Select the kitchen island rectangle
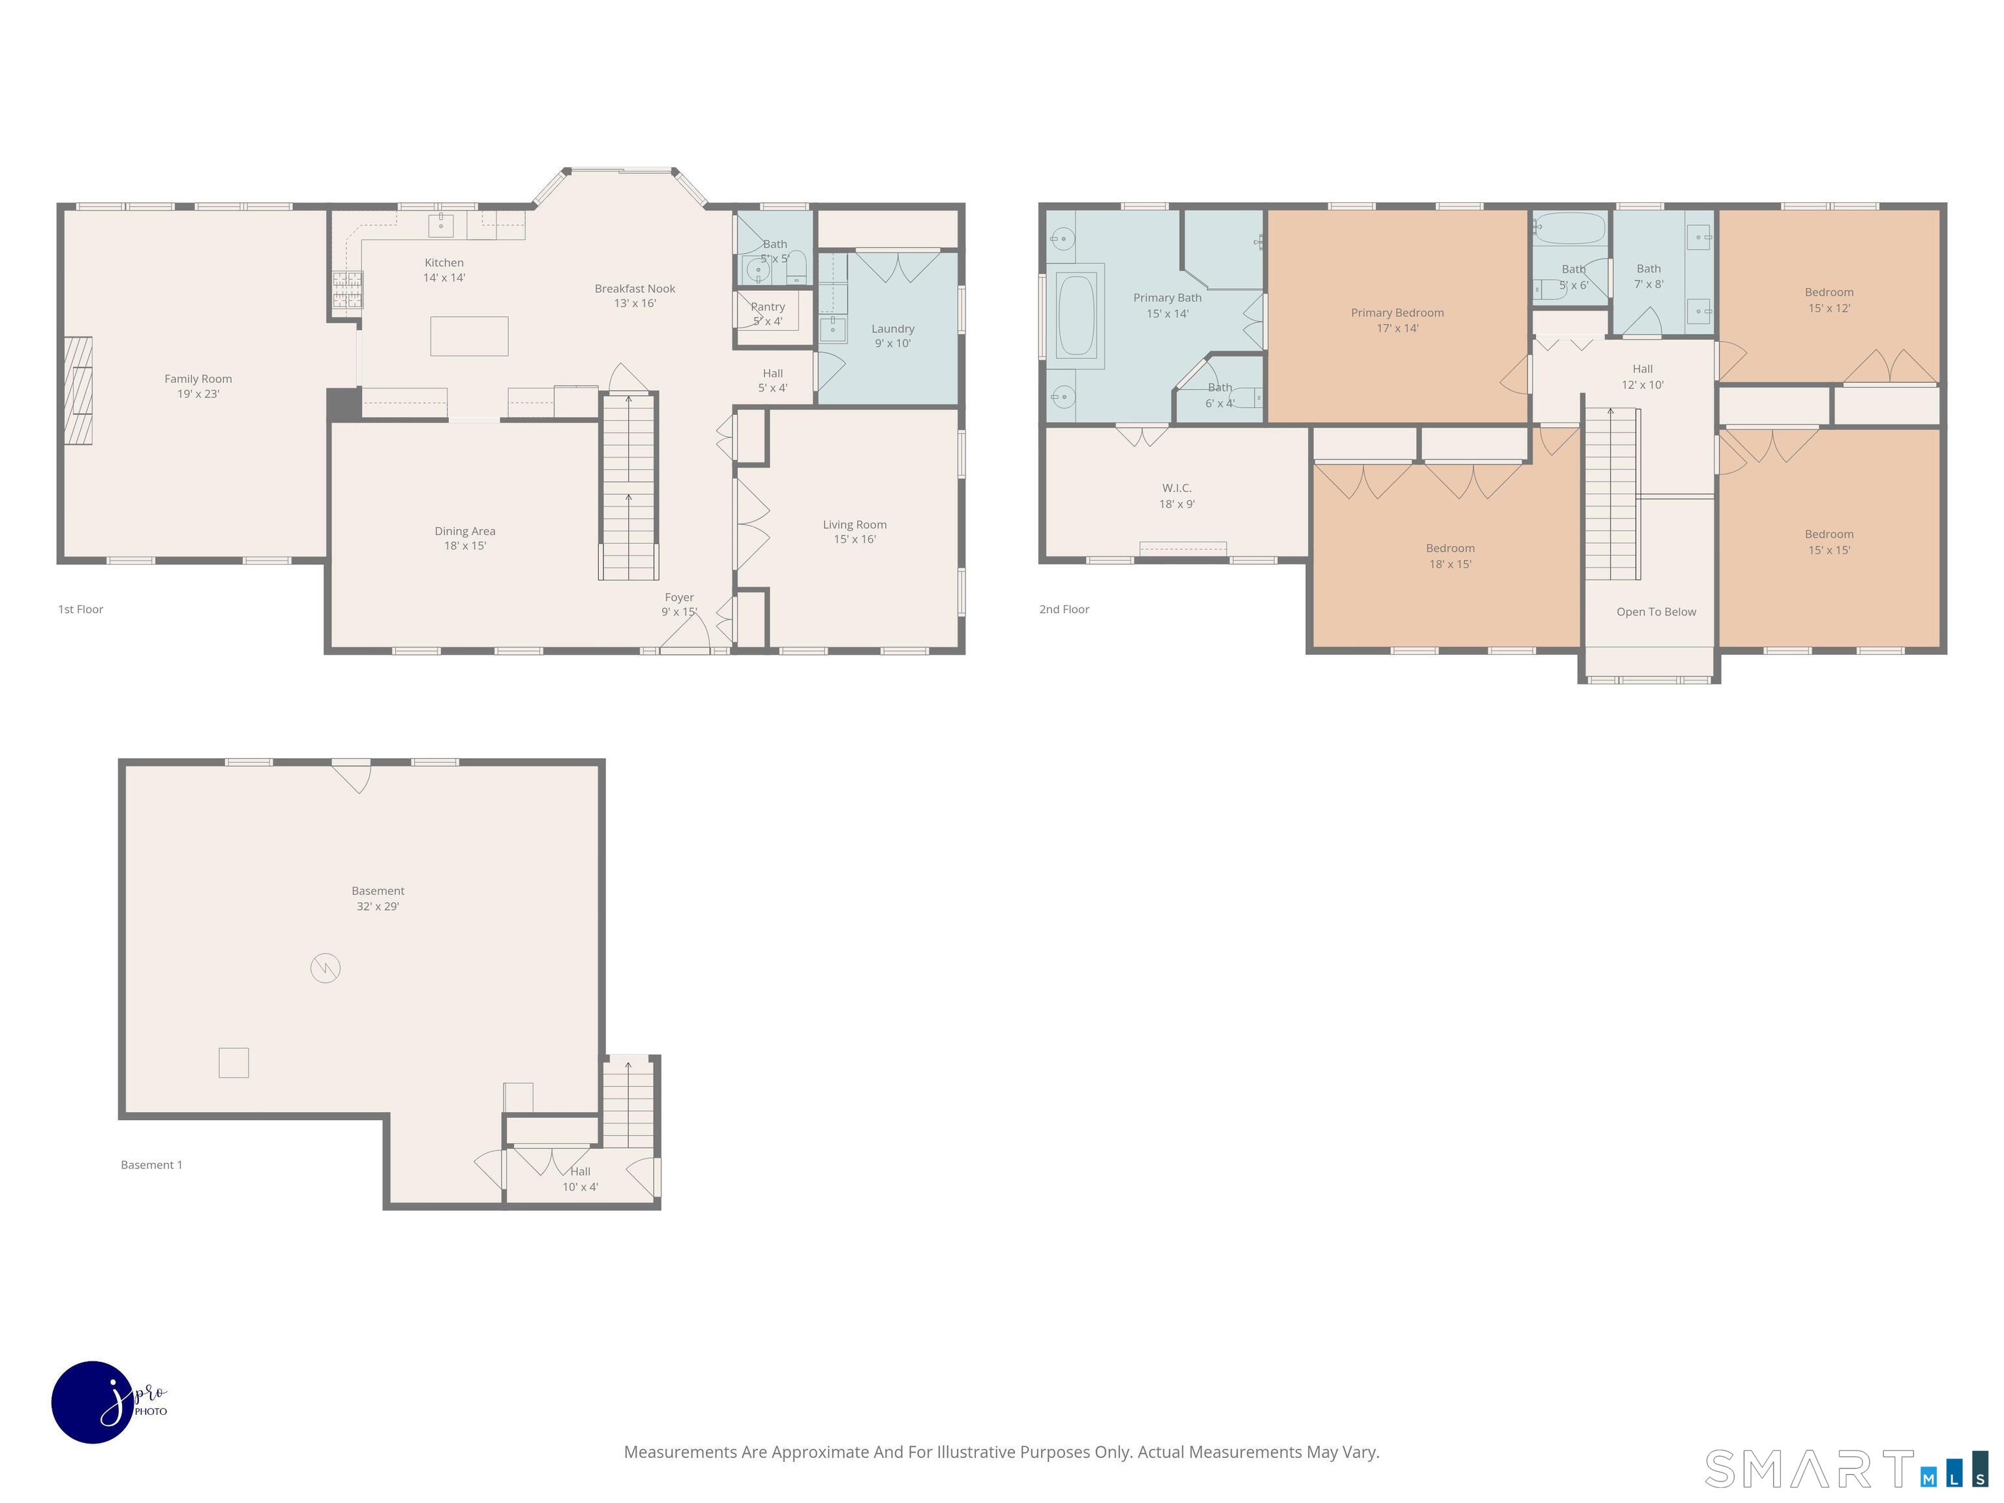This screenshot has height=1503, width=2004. click(x=468, y=336)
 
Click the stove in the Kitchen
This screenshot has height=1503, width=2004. click(x=347, y=289)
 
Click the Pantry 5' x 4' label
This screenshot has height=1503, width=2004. click(x=767, y=314)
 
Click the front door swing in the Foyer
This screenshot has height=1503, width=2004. click(x=685, y=635)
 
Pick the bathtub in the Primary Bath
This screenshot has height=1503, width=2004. click(x=1076, y=315)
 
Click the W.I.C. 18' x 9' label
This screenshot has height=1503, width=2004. click(x=1177, y=496)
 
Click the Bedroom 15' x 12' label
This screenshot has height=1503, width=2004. click(x=1829, y=300)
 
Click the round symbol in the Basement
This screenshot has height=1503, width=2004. click(x=326, y=969)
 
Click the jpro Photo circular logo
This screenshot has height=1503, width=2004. click(x=93, y=1401)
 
